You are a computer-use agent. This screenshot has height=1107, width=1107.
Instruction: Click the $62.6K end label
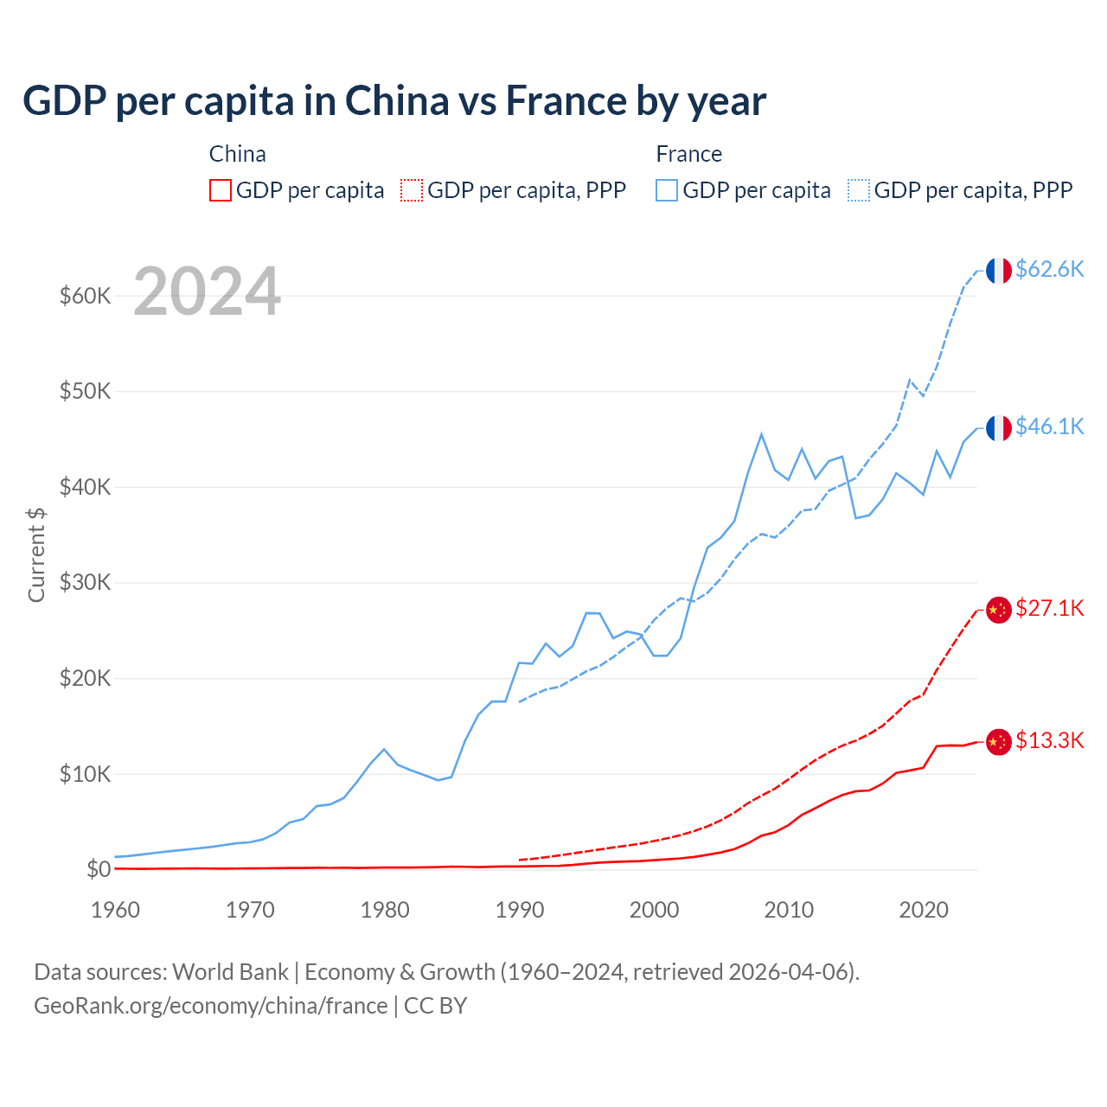1049,269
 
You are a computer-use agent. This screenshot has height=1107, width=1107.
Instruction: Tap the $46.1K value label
1049,426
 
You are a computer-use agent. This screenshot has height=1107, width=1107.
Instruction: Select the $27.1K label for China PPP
1049,608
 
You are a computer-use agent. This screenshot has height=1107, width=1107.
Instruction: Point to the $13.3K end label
1049,740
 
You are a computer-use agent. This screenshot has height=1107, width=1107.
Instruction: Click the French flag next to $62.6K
999,271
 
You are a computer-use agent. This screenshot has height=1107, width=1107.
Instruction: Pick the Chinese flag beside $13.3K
999,742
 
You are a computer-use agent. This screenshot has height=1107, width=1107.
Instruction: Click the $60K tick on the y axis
86,297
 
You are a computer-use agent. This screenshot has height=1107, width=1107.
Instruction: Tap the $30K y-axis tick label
86,583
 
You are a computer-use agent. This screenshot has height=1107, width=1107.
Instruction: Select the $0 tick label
99,869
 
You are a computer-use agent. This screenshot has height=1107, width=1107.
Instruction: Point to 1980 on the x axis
385,910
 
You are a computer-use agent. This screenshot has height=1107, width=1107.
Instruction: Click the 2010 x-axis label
789,910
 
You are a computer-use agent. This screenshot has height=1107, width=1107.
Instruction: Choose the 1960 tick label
115,910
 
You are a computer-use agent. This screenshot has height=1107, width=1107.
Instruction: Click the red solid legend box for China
221,190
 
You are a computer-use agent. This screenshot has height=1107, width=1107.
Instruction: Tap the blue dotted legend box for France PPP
859,190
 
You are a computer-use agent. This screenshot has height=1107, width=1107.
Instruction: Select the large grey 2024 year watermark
208,291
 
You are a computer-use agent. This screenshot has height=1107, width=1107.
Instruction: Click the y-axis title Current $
36,554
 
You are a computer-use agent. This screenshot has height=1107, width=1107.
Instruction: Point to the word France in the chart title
566,101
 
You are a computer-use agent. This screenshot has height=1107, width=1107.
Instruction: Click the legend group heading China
238,154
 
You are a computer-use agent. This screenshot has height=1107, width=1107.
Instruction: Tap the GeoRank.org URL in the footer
211,1006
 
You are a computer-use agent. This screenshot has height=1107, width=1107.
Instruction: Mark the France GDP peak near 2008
761,434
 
